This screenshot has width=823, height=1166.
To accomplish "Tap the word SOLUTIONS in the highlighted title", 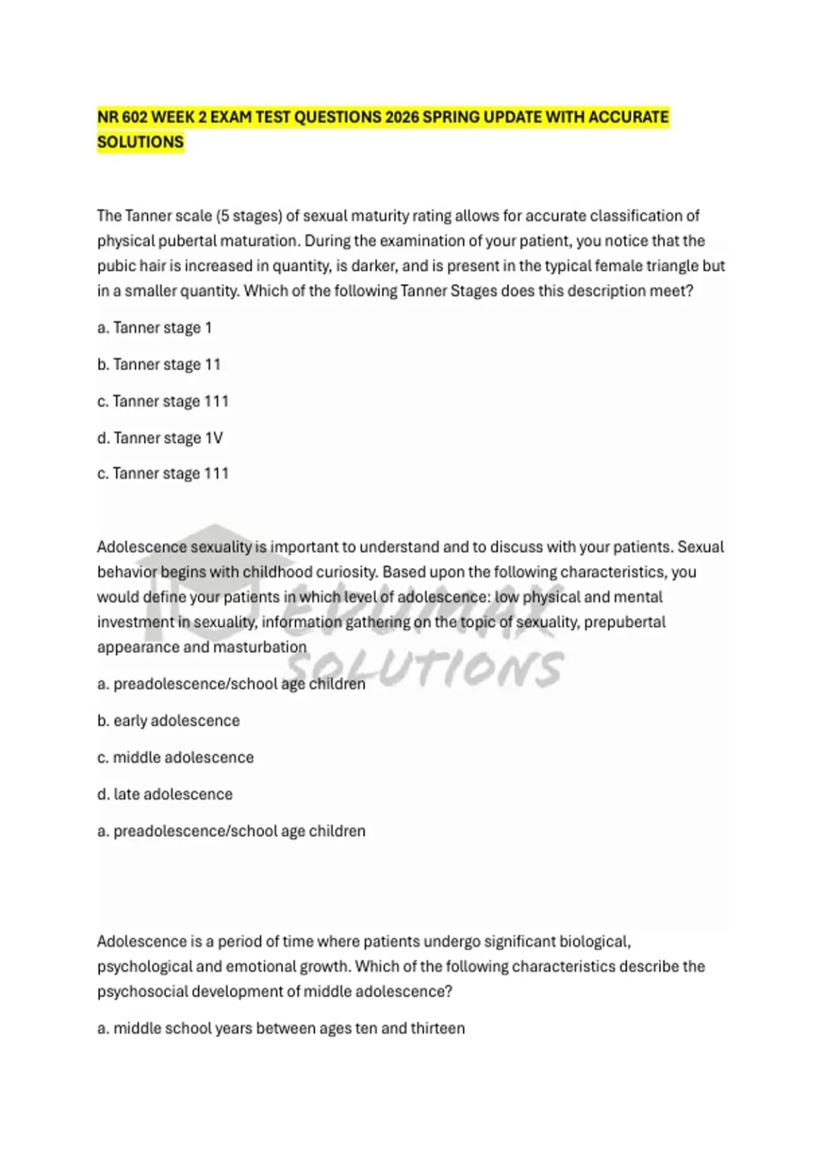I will [x=141, y=142].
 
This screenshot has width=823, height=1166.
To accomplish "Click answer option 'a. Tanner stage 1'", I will [x=154, y=328].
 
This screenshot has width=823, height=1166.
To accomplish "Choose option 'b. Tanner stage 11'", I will [x=158, y=364].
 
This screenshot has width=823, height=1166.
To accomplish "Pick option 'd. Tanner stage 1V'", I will [x=160, y=438].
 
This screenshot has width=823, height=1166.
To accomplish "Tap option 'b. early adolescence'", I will [x=168, y=721].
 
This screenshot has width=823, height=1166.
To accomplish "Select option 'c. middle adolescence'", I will [x=175, y=757].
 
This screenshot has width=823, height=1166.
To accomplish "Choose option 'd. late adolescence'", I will [x=165, y=794].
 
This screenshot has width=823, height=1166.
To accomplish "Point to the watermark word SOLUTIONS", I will [x=425, y=668].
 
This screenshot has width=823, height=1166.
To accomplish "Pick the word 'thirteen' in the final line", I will [x=438, y=1028].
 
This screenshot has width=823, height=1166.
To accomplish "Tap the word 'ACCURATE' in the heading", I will [x=628, y=117].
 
